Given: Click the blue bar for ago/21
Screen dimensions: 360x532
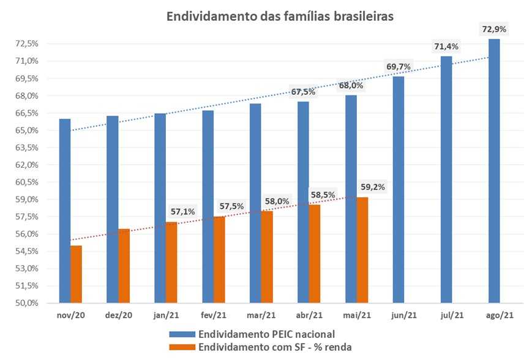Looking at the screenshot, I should point(494,171).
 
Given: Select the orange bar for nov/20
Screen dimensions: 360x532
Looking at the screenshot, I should point(76,274).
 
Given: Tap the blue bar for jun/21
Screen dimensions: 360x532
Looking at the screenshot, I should point(399,190).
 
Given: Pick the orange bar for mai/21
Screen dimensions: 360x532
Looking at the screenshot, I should point(362,250).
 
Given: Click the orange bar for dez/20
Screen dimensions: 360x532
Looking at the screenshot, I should point(124,266).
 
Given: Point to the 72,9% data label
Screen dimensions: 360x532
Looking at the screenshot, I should point(494,29).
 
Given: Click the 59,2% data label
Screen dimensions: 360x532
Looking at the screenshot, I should point(373,187).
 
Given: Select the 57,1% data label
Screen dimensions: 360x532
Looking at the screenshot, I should point(182,212).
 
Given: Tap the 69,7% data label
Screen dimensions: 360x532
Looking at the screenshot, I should point(399,66).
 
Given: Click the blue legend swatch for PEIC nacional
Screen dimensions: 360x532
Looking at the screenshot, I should point(182,334).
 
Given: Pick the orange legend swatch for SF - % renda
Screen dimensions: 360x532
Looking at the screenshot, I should point(182,347).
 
